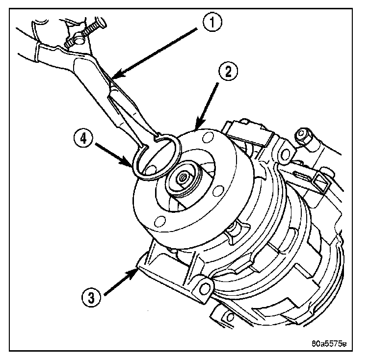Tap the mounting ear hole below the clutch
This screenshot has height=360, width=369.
[202, 284]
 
